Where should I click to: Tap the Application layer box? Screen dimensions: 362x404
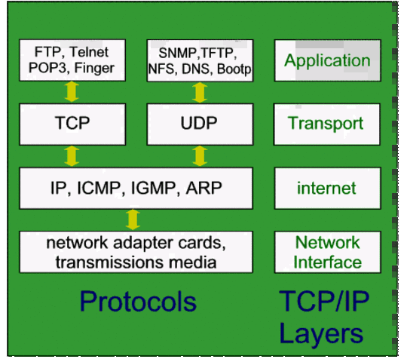pyautogui.click(x=327, y=60)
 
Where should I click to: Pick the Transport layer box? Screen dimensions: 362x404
pyautogui.click(x=326, y=124)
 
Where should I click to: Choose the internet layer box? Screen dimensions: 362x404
pyautogui.click(x=326, y=188)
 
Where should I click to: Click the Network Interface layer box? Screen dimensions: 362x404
pyautogui.click(x=327, y=253)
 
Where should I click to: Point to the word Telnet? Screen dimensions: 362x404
pyautogui.click(x=88, y=52)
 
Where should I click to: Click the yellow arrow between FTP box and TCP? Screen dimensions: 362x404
pyautogui.click(x=72, y=92)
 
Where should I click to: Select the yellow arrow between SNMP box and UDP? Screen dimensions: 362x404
pyautogui.click(x=200, y=92)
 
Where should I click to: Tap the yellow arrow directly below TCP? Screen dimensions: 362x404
pyautogui.click(x=72, y=156)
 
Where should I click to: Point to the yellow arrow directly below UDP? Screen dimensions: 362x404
pyautogui.click(x=200, y=156)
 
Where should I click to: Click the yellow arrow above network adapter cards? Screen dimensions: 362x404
pyautogui.click(x=133, y=219)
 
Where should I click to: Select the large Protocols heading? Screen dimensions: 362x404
pyautogui.click(x=138, y=302)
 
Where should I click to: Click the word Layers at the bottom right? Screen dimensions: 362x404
pyautogui.click(x=321, y=333)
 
